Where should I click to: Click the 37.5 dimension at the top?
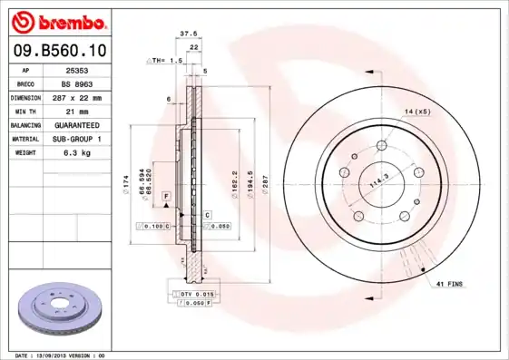(189, 34)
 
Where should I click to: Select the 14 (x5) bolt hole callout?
(417, 112)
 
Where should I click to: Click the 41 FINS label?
(448, 284)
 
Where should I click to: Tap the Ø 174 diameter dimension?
(125, 190)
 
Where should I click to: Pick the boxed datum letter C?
(207, 214)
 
